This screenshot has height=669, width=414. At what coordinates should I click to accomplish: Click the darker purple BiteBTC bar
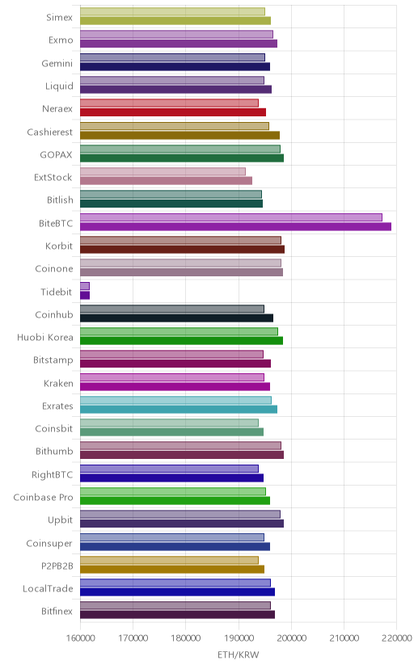235,226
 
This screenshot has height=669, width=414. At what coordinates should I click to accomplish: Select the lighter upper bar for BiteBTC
231,217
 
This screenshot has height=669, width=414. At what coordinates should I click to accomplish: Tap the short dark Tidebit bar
85,295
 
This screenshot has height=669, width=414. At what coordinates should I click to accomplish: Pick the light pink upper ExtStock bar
163,171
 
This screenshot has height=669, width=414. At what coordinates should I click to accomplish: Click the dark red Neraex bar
173,112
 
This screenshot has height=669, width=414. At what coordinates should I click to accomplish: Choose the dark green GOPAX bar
182,158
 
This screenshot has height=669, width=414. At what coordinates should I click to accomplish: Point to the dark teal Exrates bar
179,410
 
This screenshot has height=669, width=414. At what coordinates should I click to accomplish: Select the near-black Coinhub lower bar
177,318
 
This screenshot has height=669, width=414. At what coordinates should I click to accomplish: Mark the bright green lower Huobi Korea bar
181,340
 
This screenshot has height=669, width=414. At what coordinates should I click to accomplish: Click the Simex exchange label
60,18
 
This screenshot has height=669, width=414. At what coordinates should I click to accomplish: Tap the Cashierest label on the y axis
50,133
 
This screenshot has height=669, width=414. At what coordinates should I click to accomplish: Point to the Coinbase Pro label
43,498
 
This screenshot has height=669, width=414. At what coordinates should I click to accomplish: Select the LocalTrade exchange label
48,589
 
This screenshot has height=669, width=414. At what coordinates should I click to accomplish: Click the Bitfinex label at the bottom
57,612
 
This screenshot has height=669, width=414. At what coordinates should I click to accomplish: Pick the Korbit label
59,246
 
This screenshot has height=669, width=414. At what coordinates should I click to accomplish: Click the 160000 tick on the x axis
80,637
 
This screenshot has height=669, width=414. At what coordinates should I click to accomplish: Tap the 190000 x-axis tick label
239,637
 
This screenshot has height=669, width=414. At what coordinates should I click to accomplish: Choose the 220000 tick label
397,637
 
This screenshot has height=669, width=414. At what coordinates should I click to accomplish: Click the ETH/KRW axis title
239,655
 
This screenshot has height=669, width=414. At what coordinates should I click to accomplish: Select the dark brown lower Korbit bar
182,250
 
